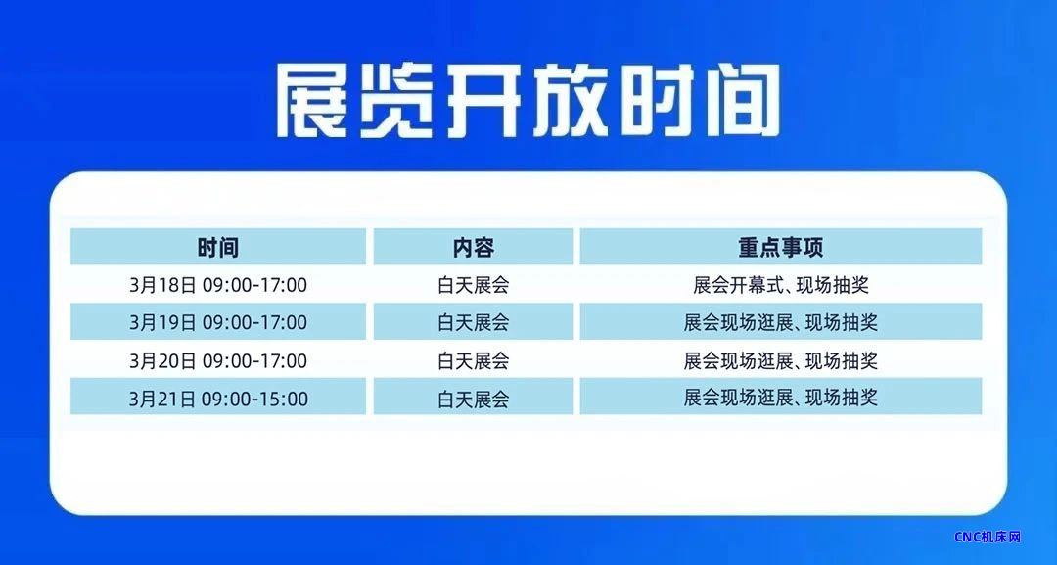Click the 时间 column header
pos(217,248)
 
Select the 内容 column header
pos(474,248)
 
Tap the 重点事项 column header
pos(781,248)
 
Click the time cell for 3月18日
pos(217,285)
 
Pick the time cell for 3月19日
pos(217,322)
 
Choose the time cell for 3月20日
pos(217,360)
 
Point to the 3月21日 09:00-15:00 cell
pos(217,399)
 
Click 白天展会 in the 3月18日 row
pos(474,285)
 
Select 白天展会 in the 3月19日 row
pos(474,322)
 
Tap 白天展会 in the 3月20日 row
pos(474,360)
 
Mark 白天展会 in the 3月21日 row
pos(474,399)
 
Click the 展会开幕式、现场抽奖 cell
pos(781,285)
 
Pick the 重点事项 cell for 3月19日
pos(781,322)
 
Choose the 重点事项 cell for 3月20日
pos(781,360)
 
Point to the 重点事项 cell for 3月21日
pos(781,399)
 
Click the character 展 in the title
pos(312,101)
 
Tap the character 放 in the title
pos(569,101)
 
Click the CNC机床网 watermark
pos(988,537)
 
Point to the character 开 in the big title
pos(483,101)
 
